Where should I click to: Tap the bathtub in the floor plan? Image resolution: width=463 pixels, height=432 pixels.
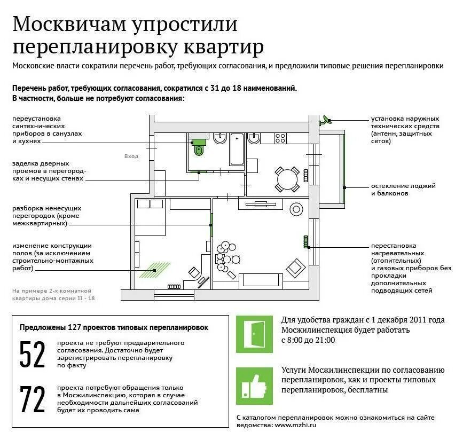[237, 149]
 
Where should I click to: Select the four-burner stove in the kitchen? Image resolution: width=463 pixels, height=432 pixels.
[281, 138]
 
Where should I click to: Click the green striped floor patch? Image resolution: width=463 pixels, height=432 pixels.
[155, 270]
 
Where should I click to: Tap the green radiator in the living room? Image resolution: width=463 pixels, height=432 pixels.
[307, 243]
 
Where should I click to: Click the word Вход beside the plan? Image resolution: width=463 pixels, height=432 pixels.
[131, 156]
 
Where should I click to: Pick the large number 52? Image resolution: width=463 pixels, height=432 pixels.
[33, 355]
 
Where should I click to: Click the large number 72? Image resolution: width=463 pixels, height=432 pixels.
[33, 399]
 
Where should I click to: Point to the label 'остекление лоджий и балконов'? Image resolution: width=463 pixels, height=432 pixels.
[403, 189]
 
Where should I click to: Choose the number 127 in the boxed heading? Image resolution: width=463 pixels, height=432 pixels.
[75, 327]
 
